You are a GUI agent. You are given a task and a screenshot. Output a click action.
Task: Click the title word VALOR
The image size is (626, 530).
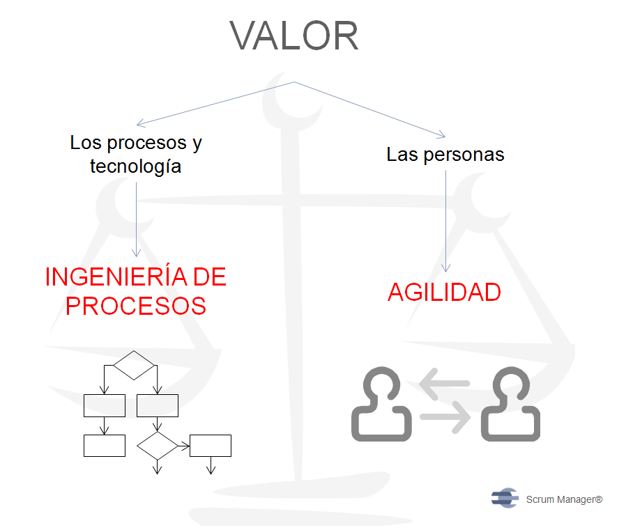tap(294, 36)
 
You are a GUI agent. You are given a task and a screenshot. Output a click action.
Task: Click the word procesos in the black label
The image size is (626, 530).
tap(147, 143)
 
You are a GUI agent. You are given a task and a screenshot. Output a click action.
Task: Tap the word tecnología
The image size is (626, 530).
tap(136, 166)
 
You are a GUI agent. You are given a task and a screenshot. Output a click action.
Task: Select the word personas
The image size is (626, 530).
tap(464, 155)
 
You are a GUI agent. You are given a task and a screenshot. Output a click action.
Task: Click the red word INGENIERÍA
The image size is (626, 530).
tap(116, 276)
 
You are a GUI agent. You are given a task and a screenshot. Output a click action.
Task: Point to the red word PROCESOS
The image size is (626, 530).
tap(136, 306)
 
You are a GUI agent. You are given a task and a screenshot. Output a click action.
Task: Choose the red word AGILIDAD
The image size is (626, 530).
tap(444, 293)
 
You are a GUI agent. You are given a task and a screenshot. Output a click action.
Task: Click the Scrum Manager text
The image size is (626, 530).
tap(564, 499)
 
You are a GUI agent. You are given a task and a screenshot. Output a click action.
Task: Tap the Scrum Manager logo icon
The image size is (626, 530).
tap(505, 498)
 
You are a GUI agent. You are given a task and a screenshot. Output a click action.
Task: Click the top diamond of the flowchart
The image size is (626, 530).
tap(134, 366)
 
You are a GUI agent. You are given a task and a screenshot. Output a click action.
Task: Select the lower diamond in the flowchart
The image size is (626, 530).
tap(158, 446)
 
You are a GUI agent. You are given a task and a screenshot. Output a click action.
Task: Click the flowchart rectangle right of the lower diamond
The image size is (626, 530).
tap(211, 446)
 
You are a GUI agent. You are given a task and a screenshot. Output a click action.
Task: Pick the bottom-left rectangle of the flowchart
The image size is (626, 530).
tap(105, 446)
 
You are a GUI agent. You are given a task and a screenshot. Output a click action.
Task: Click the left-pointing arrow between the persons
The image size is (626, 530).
tap(444, 384)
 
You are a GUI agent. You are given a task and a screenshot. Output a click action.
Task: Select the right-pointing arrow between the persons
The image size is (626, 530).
tap(445, 417)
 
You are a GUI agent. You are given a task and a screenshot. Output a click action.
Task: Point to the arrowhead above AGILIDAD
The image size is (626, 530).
tap(446, 268)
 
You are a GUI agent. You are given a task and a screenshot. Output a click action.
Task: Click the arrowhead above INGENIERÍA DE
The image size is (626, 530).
tap(136, 253)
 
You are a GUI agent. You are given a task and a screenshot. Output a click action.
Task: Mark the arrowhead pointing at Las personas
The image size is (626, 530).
tap(441, 135)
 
